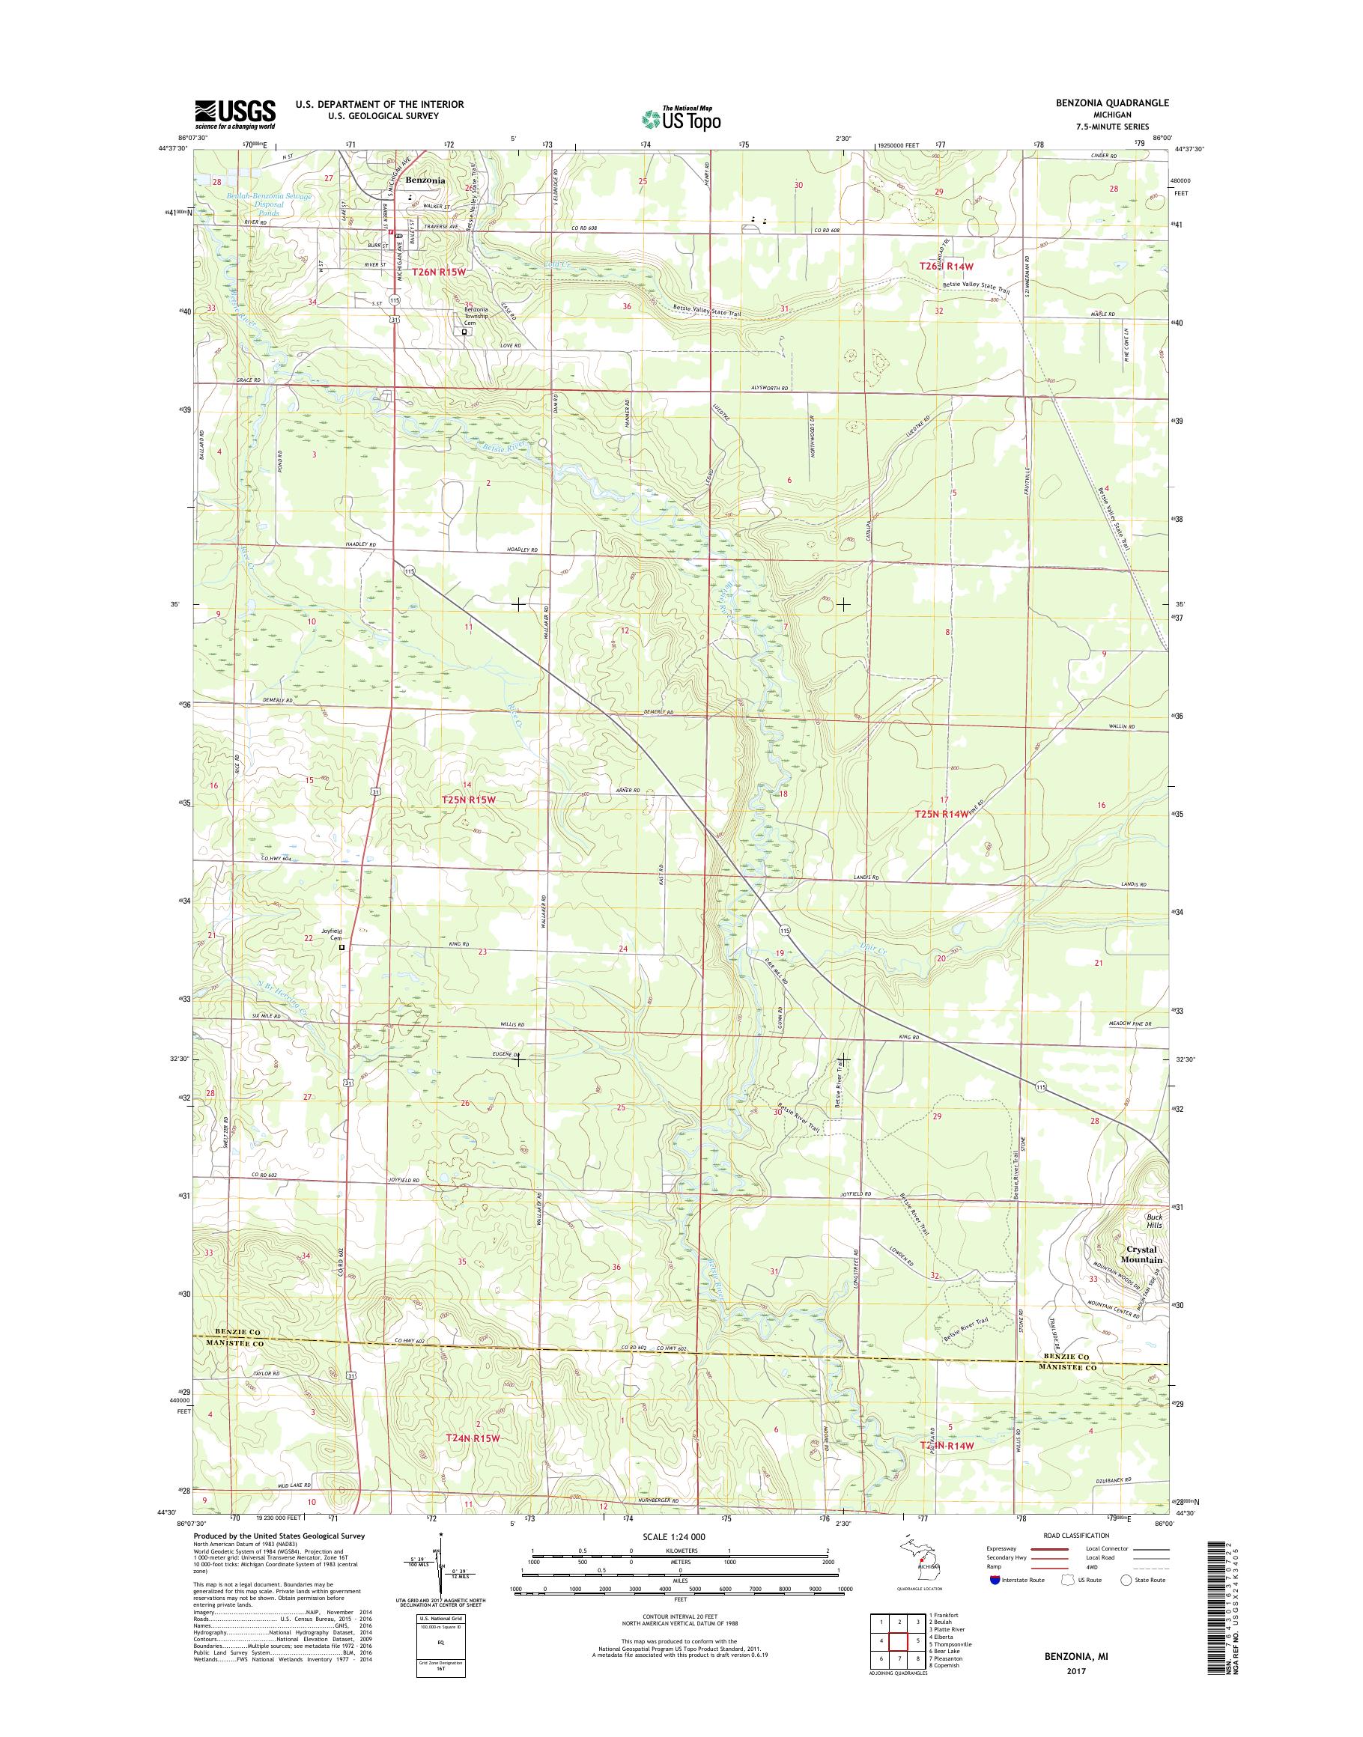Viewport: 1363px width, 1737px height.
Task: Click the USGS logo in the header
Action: tap(235, 114)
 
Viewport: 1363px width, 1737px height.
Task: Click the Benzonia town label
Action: tap(425, 180)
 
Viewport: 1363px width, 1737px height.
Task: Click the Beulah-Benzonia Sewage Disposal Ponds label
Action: tap(257, 204)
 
